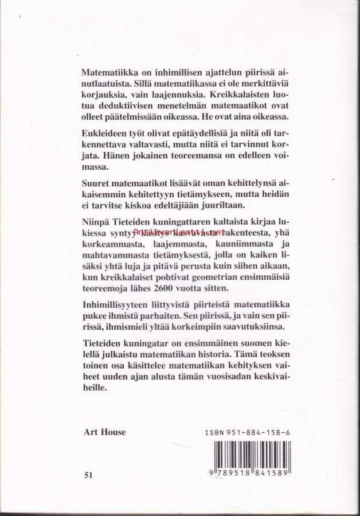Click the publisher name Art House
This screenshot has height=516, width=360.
tap(104, 432)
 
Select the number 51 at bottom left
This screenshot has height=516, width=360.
tap(88, 475)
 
